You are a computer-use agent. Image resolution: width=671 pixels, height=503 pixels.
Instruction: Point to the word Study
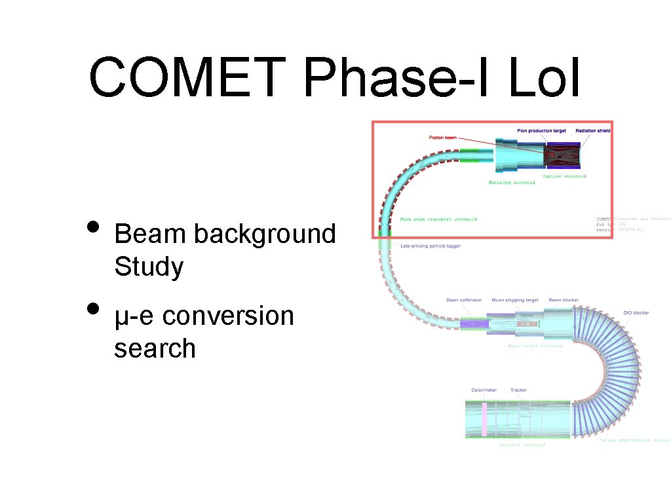click(x=149, y=267)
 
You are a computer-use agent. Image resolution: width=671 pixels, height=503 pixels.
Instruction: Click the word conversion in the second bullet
click(x=229, y=316)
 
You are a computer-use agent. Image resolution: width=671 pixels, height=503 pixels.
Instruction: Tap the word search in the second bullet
click(x=155, y=348)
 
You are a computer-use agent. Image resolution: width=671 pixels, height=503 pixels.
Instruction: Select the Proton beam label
click(x=443, y=138)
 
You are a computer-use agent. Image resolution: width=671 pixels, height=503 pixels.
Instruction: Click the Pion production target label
click(x=542, y=131)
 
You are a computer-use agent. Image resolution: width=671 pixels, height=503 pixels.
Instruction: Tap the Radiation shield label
click(x=592, y=131)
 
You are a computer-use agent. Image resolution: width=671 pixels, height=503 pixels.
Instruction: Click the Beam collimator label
click(x=464, y=300)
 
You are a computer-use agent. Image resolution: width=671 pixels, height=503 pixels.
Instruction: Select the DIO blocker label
click(x=636, y=312)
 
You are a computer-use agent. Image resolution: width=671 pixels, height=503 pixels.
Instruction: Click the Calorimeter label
click(x=484, y=390)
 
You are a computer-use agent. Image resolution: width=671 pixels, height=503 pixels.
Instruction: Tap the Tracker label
click(x=518, y=390)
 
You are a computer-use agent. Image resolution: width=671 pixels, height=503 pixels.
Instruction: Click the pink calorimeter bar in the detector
click(x=484, y=420)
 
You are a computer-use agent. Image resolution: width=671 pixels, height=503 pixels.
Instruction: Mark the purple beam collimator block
click(x=471, y=324)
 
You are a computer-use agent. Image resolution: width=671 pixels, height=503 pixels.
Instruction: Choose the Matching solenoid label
click(x=511, y=183)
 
